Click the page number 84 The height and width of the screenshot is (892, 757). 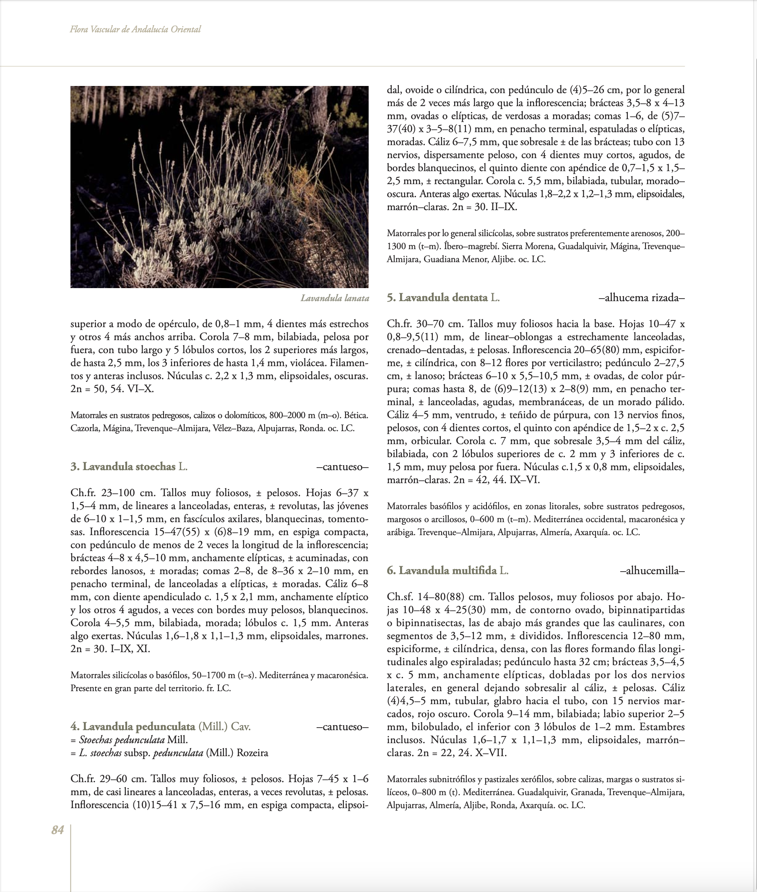(57, 830)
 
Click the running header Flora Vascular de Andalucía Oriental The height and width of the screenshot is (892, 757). (135, 29)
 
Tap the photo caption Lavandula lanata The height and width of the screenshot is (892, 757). (335, 298)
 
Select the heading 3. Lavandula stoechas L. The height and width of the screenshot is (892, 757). (129, 466)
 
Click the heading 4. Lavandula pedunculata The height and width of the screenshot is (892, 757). (161, 726)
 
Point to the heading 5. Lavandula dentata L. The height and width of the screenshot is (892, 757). (443, 297)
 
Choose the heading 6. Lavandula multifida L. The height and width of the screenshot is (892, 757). (447, 570)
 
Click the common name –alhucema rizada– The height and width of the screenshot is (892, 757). (641, 298)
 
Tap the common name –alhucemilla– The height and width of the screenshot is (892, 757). (652, 571)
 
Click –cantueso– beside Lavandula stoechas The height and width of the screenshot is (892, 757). (342, 467)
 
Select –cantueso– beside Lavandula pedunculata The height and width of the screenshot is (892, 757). (342, 727)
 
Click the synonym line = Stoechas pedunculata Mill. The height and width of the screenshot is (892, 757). (129, 740)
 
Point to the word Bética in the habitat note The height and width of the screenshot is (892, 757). (357, 415)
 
